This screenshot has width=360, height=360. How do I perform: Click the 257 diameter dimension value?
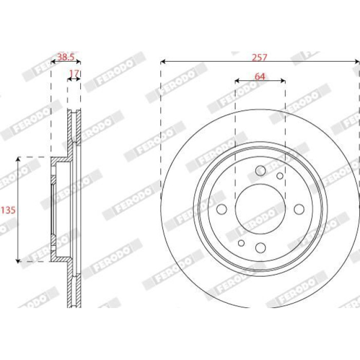pyautogui.click(x=260, y=58)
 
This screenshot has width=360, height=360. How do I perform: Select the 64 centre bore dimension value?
pyautogui.click(x=260, y=77)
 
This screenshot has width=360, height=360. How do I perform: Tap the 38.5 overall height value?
pyautogui.click(x=66, y=57)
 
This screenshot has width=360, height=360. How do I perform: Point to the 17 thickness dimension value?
pyautogui.click(x=74, y=74)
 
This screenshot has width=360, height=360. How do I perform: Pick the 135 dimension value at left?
pyautogui.click(x=8, y=210)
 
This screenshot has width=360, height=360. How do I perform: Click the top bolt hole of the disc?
pyautogui.click(x=260, y=171)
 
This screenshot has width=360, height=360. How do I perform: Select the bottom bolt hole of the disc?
pyautogui.click(x=260, y=247)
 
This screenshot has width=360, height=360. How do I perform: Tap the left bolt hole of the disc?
pyautogui.click(x=222, y=209)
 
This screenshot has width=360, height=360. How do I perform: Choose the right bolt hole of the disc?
pyautogui.click(x=299, y=209)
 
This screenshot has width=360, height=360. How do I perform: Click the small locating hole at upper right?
pyautogui.click(x=280, y=176)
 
